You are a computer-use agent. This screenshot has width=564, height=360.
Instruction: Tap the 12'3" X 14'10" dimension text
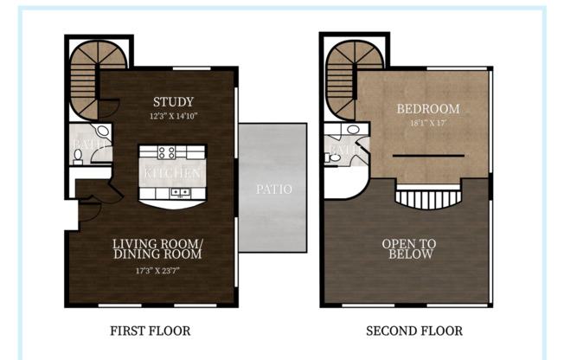point(173,116)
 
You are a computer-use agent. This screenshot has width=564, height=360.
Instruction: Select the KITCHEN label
point(172,173)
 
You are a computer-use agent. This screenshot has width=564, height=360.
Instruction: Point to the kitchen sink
point(182,191)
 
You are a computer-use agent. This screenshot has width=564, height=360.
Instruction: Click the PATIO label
point(273,189)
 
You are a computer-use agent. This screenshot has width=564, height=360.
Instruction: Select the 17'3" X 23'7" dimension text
point(157,269)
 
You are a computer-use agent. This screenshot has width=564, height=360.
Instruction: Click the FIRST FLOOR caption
point(151,331)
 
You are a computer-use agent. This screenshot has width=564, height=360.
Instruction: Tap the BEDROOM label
point(428,109)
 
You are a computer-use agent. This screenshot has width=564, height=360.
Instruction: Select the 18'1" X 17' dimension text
point(428,123)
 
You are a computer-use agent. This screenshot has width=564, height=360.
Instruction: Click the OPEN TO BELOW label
point(409,249)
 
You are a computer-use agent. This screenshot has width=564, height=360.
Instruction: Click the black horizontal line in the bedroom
point(428,156)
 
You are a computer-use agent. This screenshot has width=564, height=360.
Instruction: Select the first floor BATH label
point(88,145)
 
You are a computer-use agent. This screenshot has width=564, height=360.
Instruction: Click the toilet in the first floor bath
point(78,157)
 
